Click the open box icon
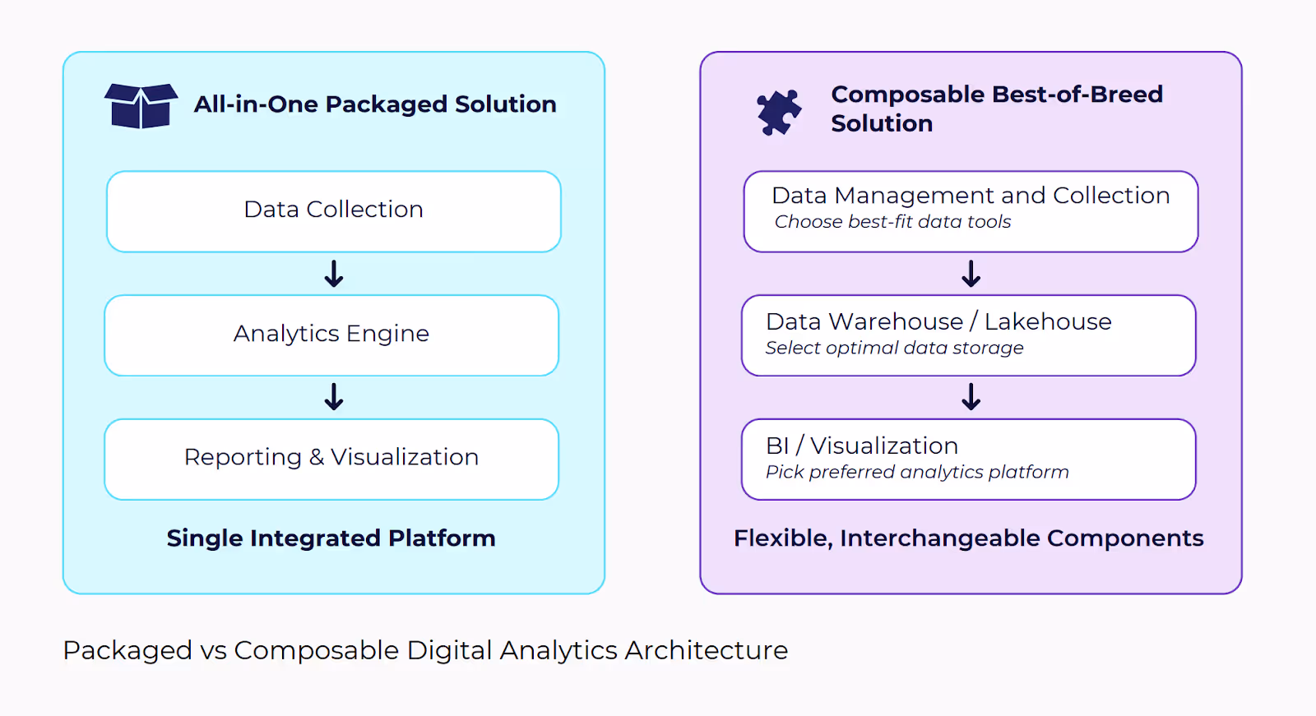pyautogui.click(x=141, y=106)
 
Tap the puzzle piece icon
pyautogui.click(x=778, y=112)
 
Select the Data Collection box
pyautogui.click(x=334, y=211)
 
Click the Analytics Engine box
pyautogui.click(x=331, y=335)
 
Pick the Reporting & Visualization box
pyautogui.click(x=331, y=460)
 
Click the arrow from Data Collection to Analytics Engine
pyautogui.click(x=334, y=274)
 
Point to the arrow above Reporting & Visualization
pyautogui.click(x=334, y=397)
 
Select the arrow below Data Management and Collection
pyautogui.click(x=971, y=274)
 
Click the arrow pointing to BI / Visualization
pyautogui.click(x=971, y=397)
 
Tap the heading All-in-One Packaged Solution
pyautogui.click(x=375, y=104)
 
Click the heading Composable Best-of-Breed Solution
pyautogui.click(x=996, y=109)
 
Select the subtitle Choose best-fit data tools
pyautogui.click(x=892, y=222)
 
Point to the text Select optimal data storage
pyautogui.click(x=894, y=349)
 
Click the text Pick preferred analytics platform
pyautogui.click(x=917, y=472)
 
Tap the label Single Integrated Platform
pyautogui.click(x=331, y=538)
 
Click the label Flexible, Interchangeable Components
pyautogui.click(x=969, y=538)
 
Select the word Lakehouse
pyautogui.click(x=1048, y=322)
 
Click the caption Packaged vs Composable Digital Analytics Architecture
pyautogui.click(x=425, y=651)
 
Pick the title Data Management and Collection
pyautogui.click(x=971, y=196)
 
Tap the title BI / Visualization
pyautogui.click(x=862, y=446)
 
